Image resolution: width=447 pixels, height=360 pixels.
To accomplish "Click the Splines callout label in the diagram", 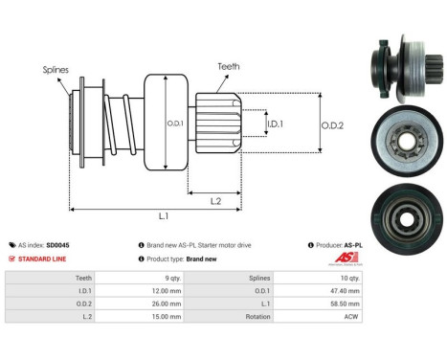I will click(55, 70).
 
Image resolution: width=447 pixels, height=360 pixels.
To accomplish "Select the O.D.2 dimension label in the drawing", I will click(332, 123).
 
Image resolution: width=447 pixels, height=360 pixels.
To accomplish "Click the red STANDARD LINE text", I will click(44, 259).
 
